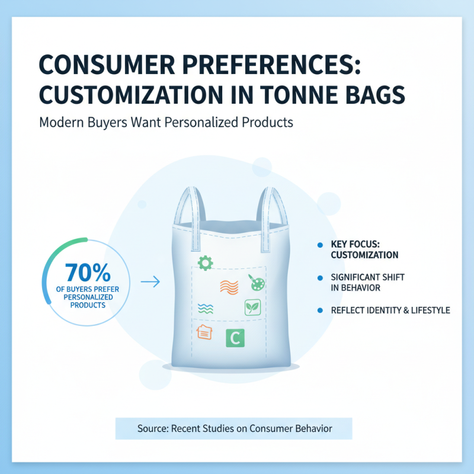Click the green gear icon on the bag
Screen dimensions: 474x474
(205, 262)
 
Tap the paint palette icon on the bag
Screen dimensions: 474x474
(258, 283)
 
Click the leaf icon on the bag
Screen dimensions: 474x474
(252, 308)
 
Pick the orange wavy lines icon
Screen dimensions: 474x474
(228, 287)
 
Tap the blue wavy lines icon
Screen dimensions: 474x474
(204, 308)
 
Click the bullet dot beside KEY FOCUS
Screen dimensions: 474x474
(319, 245)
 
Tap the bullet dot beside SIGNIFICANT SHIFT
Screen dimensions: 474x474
(319, 277)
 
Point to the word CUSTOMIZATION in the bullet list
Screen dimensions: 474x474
(364, 255)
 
